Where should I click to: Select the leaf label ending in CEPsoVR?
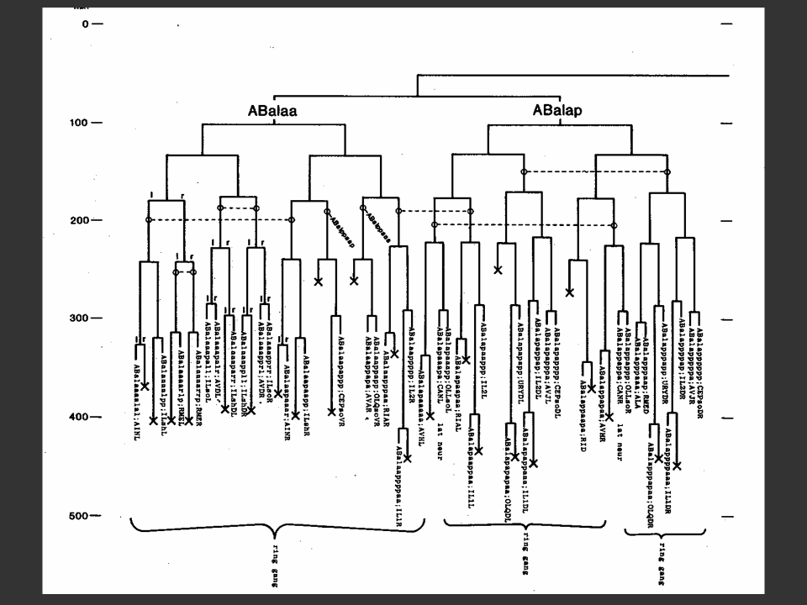340,371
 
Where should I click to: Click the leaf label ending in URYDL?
520,361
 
